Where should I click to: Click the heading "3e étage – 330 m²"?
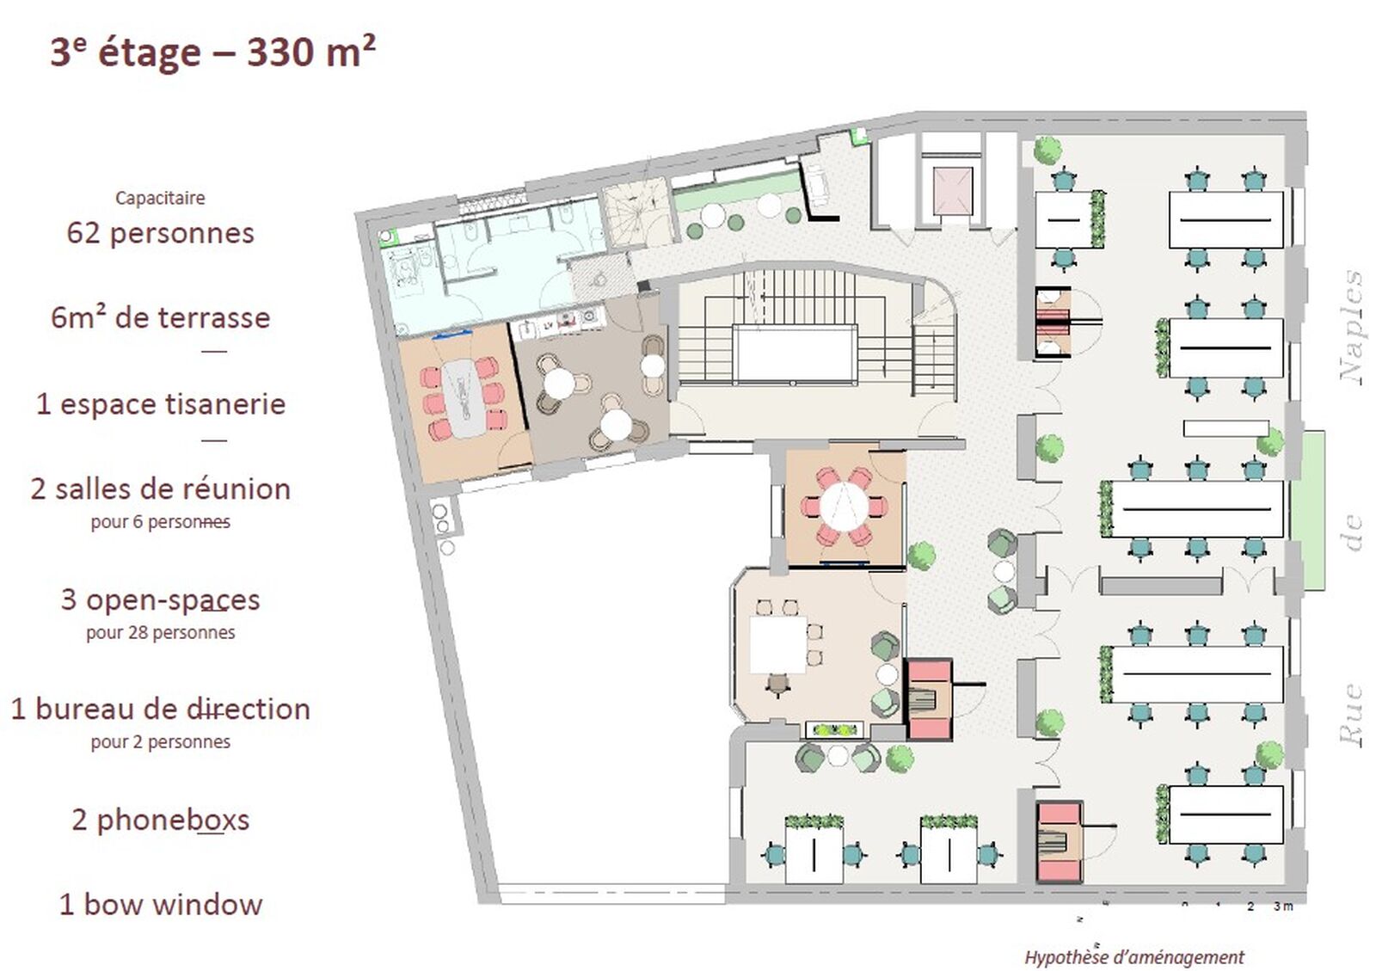point(212,52)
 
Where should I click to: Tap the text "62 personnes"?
point(160,233)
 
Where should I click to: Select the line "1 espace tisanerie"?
point(161,404)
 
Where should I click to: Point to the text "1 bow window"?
point(160,905)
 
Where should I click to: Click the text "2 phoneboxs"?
point(160,820)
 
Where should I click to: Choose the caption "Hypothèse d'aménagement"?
point(1134,957)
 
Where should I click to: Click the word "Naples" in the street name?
point(1351,328)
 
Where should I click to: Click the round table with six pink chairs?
point(844,507)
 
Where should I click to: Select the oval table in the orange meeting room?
point(464,398)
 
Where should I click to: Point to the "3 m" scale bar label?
point(1283,906)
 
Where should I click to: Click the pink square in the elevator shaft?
point(952,191)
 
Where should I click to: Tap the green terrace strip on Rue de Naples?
point(1306,510)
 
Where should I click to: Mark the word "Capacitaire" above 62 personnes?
point(160,198)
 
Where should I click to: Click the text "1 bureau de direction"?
point(160,710)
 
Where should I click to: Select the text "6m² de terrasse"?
point(160,318)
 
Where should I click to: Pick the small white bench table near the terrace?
point(1226,428)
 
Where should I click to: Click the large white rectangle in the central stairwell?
point(796,354)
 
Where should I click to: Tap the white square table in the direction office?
point(777,644)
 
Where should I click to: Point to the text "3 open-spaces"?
point(160,600)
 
